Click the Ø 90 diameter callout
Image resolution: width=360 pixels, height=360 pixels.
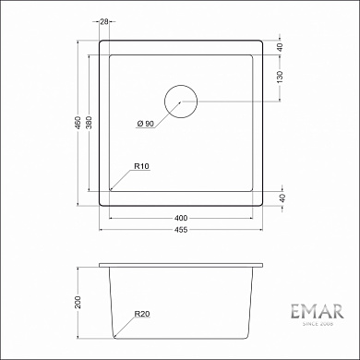[x=143, y=123]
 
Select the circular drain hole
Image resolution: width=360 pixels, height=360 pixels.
[x=181, y=101]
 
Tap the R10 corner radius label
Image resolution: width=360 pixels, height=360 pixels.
[x=141, y=166]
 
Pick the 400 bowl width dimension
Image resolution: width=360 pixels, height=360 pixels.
[x=181, y=218]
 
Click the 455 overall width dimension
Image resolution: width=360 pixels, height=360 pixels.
[x=181, y=234]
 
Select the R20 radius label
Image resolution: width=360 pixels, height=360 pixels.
[x=141, y=315]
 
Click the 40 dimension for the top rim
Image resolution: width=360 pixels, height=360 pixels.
[x=281, y=45]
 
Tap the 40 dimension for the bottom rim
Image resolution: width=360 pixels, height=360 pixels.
[x=281, y=197]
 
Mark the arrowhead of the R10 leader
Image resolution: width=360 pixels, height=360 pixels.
[x=111, y=189]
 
